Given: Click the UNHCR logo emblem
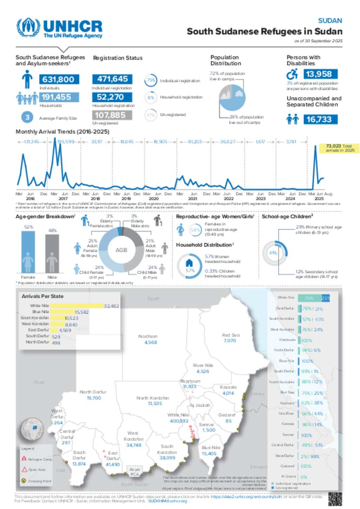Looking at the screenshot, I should tap(28, 27).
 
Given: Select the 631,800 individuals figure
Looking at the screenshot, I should tap(59, 79).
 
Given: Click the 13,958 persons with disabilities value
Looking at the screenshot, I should tap(319, 74).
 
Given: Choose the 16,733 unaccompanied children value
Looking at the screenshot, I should tap(319, 119).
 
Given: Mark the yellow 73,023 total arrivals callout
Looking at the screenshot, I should tap(339, 148).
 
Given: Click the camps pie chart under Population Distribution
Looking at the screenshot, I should tap(232, 97).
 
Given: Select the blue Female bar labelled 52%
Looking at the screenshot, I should tap(28, 252).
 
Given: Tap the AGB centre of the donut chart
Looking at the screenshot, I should tap(121, 250).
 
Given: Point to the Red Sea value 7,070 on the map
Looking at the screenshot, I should tap(230, 341).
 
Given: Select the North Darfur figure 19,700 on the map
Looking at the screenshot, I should tap(94, 398).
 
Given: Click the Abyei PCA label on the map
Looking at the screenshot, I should tap(135, 472).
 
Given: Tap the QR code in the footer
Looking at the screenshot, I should tap(335, 498).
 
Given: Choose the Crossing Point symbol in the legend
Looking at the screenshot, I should tap(24, 481).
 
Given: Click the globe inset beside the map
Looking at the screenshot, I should tap(33, 429).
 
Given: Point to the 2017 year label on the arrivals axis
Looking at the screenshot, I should tap(63, 198).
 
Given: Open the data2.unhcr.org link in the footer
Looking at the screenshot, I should tap(246, 497).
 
